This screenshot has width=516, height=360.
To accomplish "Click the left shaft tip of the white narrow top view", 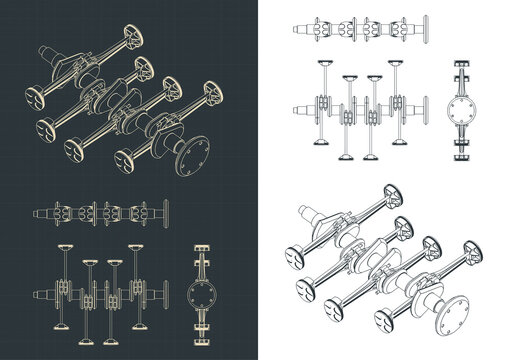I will coord(293,24).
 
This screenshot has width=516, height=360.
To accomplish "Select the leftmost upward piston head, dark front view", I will coord(68,246).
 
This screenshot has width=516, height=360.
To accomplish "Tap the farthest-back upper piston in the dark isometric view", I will coord(129,40).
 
